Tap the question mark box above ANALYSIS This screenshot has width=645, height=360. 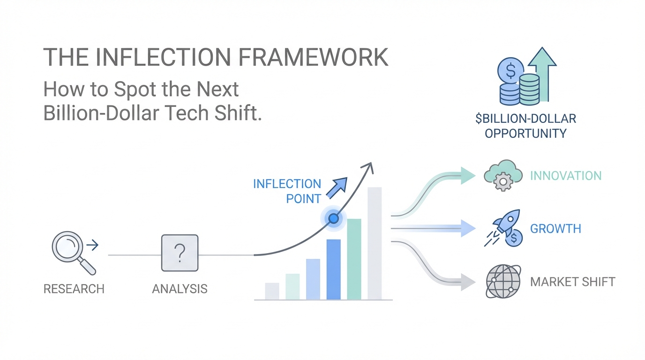pos(180,253)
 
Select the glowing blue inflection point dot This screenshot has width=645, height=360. pos(334,218)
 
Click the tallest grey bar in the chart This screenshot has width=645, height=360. pos(375,243)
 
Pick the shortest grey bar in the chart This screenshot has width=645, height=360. pos(272,291)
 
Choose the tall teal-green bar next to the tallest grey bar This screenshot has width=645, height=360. pos(354,259)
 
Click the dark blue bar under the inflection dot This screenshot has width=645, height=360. pos(333,270)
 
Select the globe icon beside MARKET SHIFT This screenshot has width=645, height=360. pos(503,281)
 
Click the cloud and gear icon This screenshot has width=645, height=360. pos(503,175)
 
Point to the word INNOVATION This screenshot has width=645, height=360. pos(566,176)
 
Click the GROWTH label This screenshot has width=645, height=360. pos(555,229)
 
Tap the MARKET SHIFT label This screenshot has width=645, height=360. pos(572,282)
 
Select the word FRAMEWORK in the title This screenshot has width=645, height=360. pos(313,57)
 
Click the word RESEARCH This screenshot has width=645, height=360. pos(74,289)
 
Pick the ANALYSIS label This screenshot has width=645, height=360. pos(180,289)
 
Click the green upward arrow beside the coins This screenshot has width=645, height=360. pos(543,75)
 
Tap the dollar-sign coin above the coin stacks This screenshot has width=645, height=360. pos(510,71)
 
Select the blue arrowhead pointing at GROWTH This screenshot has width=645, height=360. pos(468,228)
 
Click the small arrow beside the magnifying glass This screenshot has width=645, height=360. pos(92,245)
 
